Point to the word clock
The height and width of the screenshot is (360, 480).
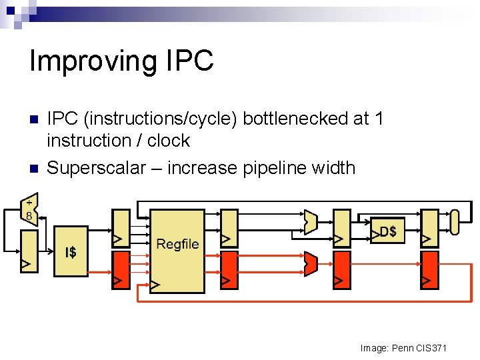point(169,141)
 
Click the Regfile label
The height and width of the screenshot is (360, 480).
point(177,244)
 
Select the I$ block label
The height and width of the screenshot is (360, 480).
point(70,253)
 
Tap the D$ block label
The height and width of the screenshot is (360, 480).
point(387,232)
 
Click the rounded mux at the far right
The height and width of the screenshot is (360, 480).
point(455,222)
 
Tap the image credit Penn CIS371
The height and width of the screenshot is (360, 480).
point(403,348)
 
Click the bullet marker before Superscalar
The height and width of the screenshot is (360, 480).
point(34,168)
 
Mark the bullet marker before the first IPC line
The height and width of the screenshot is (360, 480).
point(34,119)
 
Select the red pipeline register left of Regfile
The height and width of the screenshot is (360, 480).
point(121,270)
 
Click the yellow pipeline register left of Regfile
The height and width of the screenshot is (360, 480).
point(121,227)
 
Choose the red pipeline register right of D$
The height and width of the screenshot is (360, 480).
point(430,270)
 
